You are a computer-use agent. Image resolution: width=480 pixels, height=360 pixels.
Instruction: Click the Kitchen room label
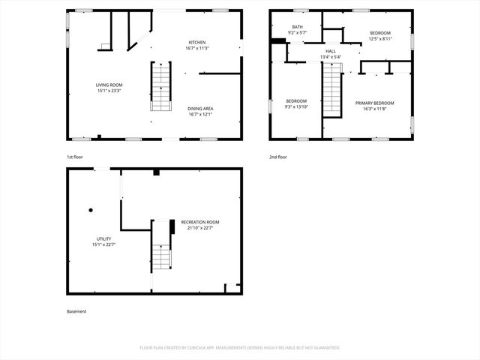pos(197,42)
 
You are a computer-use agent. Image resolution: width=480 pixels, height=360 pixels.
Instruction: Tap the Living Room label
pos(109,85)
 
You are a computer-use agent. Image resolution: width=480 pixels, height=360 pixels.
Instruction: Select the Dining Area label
pos(200,109)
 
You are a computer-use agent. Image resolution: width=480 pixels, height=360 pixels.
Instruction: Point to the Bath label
pos(298,26)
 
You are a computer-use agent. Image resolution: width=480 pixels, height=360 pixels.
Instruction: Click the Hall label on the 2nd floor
pos(330,51)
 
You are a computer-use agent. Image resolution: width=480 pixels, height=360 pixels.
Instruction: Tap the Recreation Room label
pos(199,222)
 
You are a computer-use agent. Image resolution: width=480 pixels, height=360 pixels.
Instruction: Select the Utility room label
pos(103,238)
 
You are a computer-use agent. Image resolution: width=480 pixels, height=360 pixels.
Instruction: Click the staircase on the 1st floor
pos(159,86)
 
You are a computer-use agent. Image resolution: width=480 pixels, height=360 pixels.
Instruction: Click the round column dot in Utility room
pos(91,211)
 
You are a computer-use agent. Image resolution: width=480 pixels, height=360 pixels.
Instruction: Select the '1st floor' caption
pos(75,157)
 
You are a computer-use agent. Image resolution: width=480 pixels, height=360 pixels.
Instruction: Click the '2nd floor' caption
pos(277,157)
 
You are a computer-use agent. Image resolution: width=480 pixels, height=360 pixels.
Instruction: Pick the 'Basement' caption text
pos(76,311)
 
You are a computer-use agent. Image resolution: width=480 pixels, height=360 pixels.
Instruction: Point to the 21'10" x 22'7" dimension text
pos(199,228)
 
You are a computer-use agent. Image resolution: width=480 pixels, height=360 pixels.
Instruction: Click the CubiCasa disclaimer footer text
pos(240,347)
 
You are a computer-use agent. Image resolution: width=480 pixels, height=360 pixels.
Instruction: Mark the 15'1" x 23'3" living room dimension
pos(109,91)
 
